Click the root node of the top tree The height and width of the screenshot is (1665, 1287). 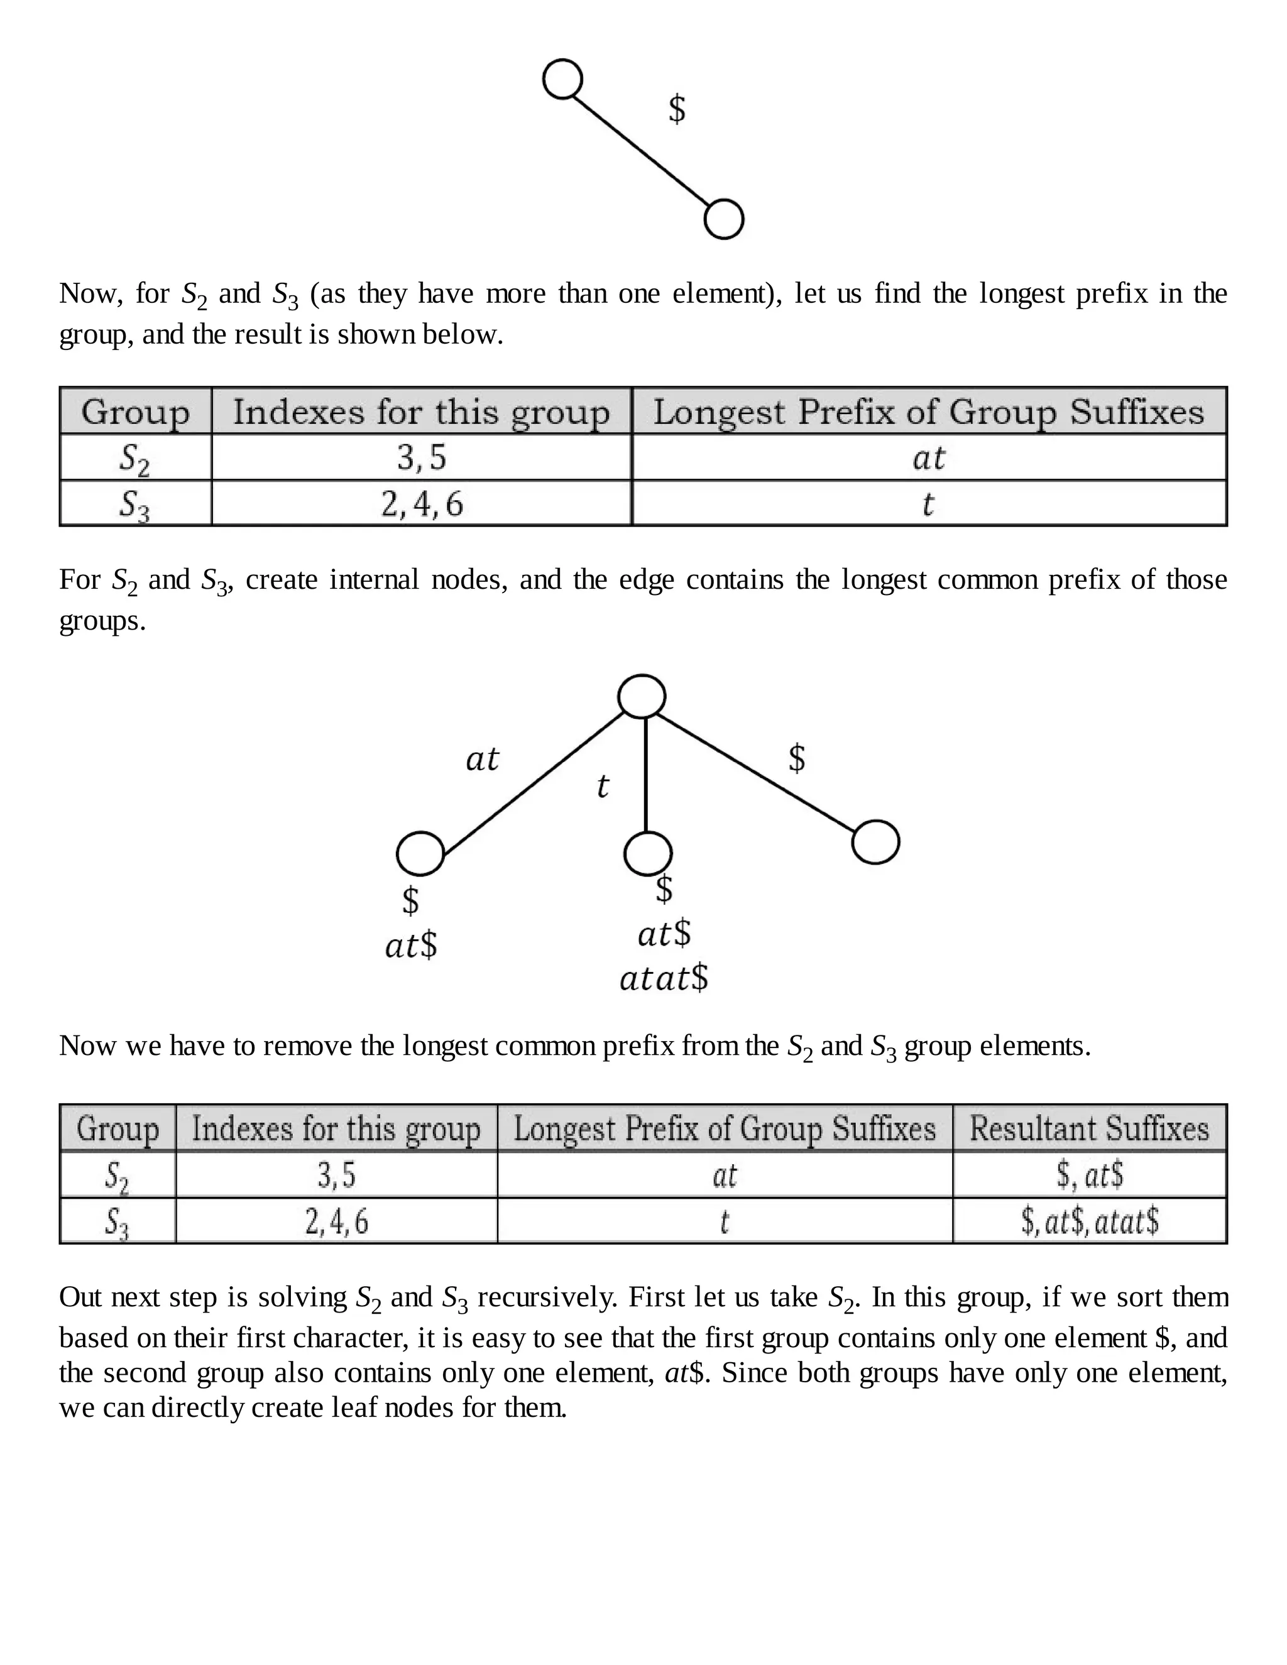pyautogui.click(x=562, y=79)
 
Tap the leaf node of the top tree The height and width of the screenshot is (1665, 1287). pyautogui.click(x=723, y=219)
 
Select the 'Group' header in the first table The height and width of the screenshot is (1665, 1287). pyautogui.click(x=135, y=412)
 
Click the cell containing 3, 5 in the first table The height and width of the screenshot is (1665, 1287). pyautogui.click(x=422, y=457)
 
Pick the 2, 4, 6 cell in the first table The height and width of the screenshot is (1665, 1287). pyautogui.click(x=422, y=503)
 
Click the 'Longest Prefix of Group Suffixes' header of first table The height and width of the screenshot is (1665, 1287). pyautogui.click(x=929, y=412)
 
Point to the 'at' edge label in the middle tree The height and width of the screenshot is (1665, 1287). pyautogui.click(x=482, y=758)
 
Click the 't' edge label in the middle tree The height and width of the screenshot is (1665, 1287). pyautogui.click(x=602, y=786)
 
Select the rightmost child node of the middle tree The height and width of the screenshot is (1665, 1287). pyautogui.click(x=875, y=842)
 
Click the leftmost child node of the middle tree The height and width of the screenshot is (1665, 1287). pyautogui.click(x=420, y=853)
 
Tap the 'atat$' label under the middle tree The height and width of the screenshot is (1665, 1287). pyautogui.click(x=664, y=978)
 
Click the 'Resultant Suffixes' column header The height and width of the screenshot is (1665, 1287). pyautogui.click(x=1089, y=1128)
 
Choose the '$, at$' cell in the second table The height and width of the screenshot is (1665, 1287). pyautogui.click(x=1089, y=1175)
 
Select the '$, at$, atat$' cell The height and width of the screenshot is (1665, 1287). pyautogui.click(x=1089, y=1221)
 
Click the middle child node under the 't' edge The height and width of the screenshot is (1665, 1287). pyautogui.click(x=647, y=853)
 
